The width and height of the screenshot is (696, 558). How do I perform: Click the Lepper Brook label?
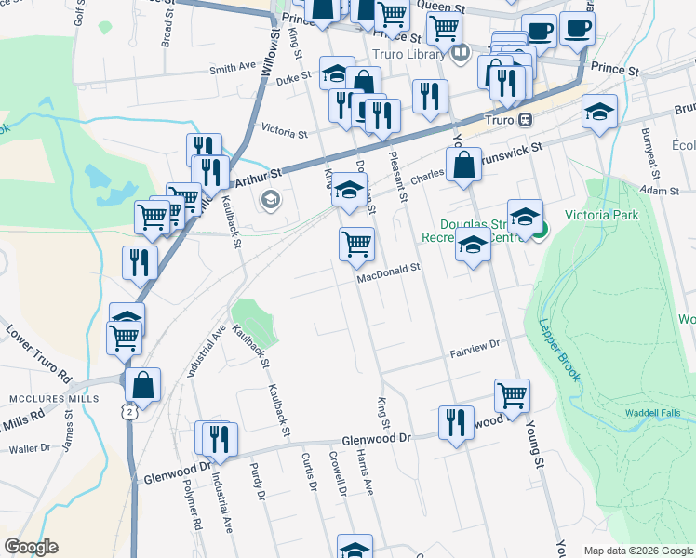click(558, 351)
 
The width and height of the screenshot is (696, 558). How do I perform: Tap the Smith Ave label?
click(233, 68)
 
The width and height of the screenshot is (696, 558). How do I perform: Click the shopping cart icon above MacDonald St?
click(357, 244)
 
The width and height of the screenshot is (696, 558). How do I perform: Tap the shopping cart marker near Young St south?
click(512, 394)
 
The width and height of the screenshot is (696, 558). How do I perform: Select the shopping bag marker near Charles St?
click(463, 166)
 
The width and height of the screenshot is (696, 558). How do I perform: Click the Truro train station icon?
click(526, 119)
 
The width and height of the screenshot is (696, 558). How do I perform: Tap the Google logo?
click(31, 547)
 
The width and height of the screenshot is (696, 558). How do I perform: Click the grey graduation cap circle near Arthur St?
click(271, 198)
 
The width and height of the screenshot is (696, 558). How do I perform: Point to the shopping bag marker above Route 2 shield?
click(143, 384)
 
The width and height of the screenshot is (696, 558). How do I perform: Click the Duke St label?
click(293, 81)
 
